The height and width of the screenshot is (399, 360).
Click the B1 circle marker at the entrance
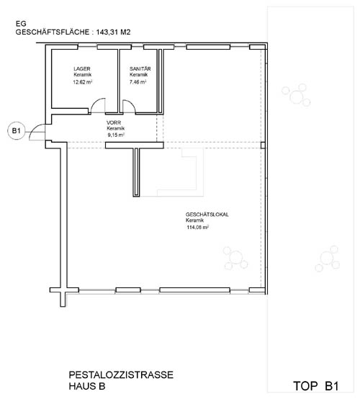(17, 131)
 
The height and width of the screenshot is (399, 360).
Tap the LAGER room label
(82, 68)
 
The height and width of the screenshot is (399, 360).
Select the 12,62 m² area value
(82, 82)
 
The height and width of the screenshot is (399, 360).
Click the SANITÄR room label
(140, 68)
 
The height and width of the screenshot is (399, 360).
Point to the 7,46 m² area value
(138, 82)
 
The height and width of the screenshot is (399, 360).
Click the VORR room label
(114, 122)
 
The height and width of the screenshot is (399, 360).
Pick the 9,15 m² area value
(116, 135)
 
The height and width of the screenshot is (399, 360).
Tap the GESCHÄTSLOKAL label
(207, 215)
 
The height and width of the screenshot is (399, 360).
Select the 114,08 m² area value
(198, 228)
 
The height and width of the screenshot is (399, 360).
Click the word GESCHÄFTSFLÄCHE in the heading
(53, 32)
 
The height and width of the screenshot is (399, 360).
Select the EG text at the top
(21, 24)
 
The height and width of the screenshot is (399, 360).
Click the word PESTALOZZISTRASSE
(121, 375)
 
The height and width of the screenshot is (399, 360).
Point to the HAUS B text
(87, 386)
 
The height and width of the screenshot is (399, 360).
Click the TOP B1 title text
(316, 386)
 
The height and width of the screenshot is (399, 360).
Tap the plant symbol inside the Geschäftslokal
(235, 258)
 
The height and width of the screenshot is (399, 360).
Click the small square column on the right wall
(263, 145)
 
